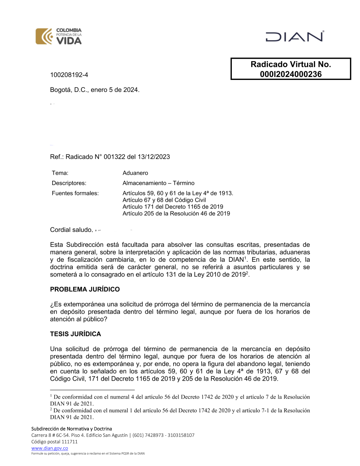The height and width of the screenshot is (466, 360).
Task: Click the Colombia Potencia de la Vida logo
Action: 59,36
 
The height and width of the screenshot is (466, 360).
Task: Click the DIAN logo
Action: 294,36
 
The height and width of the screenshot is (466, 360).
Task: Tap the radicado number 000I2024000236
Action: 291,74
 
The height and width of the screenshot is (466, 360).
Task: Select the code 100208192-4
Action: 69,75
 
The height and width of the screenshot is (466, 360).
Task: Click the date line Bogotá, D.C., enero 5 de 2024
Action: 95,90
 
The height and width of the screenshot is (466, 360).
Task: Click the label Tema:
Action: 60,173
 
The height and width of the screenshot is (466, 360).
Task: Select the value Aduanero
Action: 135,173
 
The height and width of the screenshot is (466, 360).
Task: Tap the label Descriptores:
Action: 69,183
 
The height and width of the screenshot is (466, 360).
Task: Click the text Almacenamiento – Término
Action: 158,183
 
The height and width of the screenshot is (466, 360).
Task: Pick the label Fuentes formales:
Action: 75,193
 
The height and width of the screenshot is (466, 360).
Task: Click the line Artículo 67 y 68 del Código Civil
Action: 164,200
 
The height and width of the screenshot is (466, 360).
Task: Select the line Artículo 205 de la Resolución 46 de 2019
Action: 176,213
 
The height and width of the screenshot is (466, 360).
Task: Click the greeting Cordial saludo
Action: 71,230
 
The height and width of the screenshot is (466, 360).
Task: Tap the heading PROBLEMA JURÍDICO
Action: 85,289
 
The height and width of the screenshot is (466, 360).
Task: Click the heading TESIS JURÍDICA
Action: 76,334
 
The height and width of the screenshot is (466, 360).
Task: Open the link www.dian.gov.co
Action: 50,448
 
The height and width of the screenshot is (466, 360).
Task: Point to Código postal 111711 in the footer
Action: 54,442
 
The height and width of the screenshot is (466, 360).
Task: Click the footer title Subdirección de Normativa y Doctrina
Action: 72,429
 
